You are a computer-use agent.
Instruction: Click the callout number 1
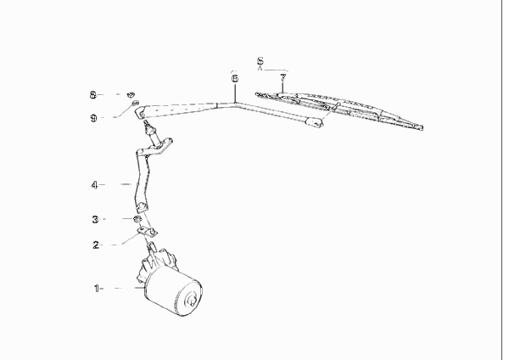[96, 288]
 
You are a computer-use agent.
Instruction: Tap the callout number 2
[95, 245]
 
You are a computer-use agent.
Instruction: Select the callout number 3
[95, 219]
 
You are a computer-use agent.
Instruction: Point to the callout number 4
[94, 185]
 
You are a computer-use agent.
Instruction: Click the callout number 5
[260, 61]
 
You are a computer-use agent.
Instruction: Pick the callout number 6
[235, 78]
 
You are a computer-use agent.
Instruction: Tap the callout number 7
[283, 77]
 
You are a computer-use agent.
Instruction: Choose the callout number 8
[93, 95]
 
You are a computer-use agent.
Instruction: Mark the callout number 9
[93, 118]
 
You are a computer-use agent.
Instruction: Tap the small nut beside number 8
[131, 94]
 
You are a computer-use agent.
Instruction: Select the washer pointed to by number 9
[134, 103]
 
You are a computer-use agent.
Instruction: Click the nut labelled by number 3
[137, 218]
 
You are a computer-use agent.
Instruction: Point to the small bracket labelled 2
[147, 232]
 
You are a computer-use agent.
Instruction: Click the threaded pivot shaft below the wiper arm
[148, 126]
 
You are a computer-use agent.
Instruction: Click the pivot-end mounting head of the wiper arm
[140, 111]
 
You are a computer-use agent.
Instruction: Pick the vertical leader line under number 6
[235, 93]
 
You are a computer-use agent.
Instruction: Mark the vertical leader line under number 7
[282, 87]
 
